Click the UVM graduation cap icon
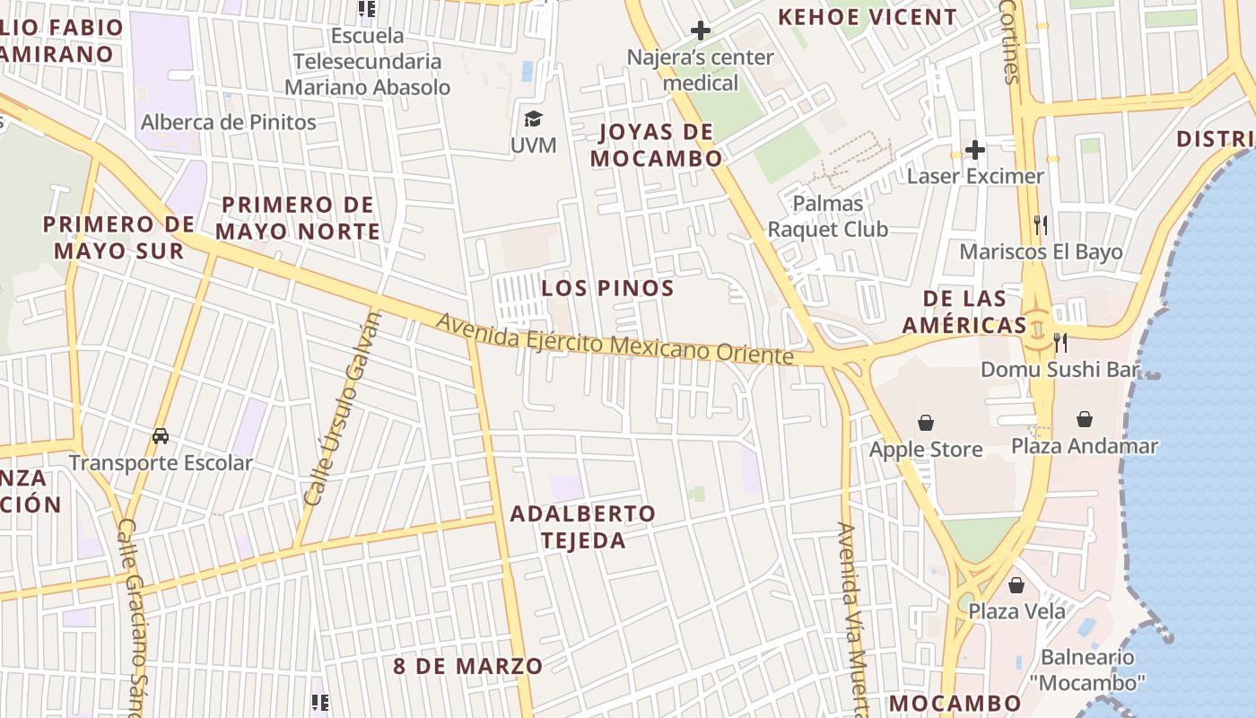533,118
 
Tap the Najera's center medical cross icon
701,31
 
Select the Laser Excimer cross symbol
975,149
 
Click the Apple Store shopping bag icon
926,422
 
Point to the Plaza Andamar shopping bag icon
1085,418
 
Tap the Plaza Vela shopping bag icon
1016,585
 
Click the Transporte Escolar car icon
161,436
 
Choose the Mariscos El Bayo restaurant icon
1041,224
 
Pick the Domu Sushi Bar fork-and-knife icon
1060,342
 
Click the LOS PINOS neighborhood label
608,288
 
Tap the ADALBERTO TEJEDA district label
582,527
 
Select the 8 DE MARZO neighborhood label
468,666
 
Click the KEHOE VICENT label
868,17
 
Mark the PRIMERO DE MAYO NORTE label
298,218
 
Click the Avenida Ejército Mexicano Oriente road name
615,338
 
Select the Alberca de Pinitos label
229,122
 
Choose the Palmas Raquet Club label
827,216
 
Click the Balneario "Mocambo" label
1087,670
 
